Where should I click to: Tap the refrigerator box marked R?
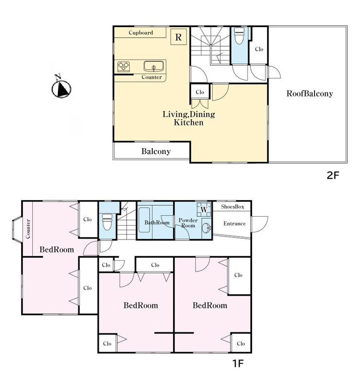click(179, 37)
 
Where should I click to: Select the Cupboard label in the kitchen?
click(141, 33)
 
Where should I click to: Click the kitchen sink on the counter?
click(153, 66)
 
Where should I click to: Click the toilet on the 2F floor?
click(239, 36)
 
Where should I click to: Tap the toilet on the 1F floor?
click(107, 221)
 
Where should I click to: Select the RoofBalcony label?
click(309, 93)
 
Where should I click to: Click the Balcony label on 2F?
click(156, 151)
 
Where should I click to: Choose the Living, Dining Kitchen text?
click(189, 118)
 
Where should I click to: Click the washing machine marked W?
click(204, 209)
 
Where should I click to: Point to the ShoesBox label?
click(232, 206)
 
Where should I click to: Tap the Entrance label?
click(235, 223)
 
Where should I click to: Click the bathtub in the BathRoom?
click(144, 220)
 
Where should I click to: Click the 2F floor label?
click(333, 175)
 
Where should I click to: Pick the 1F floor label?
click(238, 364)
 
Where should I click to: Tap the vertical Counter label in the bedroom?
click(28, 229)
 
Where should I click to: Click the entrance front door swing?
click(260, 224)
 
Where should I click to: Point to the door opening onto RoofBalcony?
click(274, 72)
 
